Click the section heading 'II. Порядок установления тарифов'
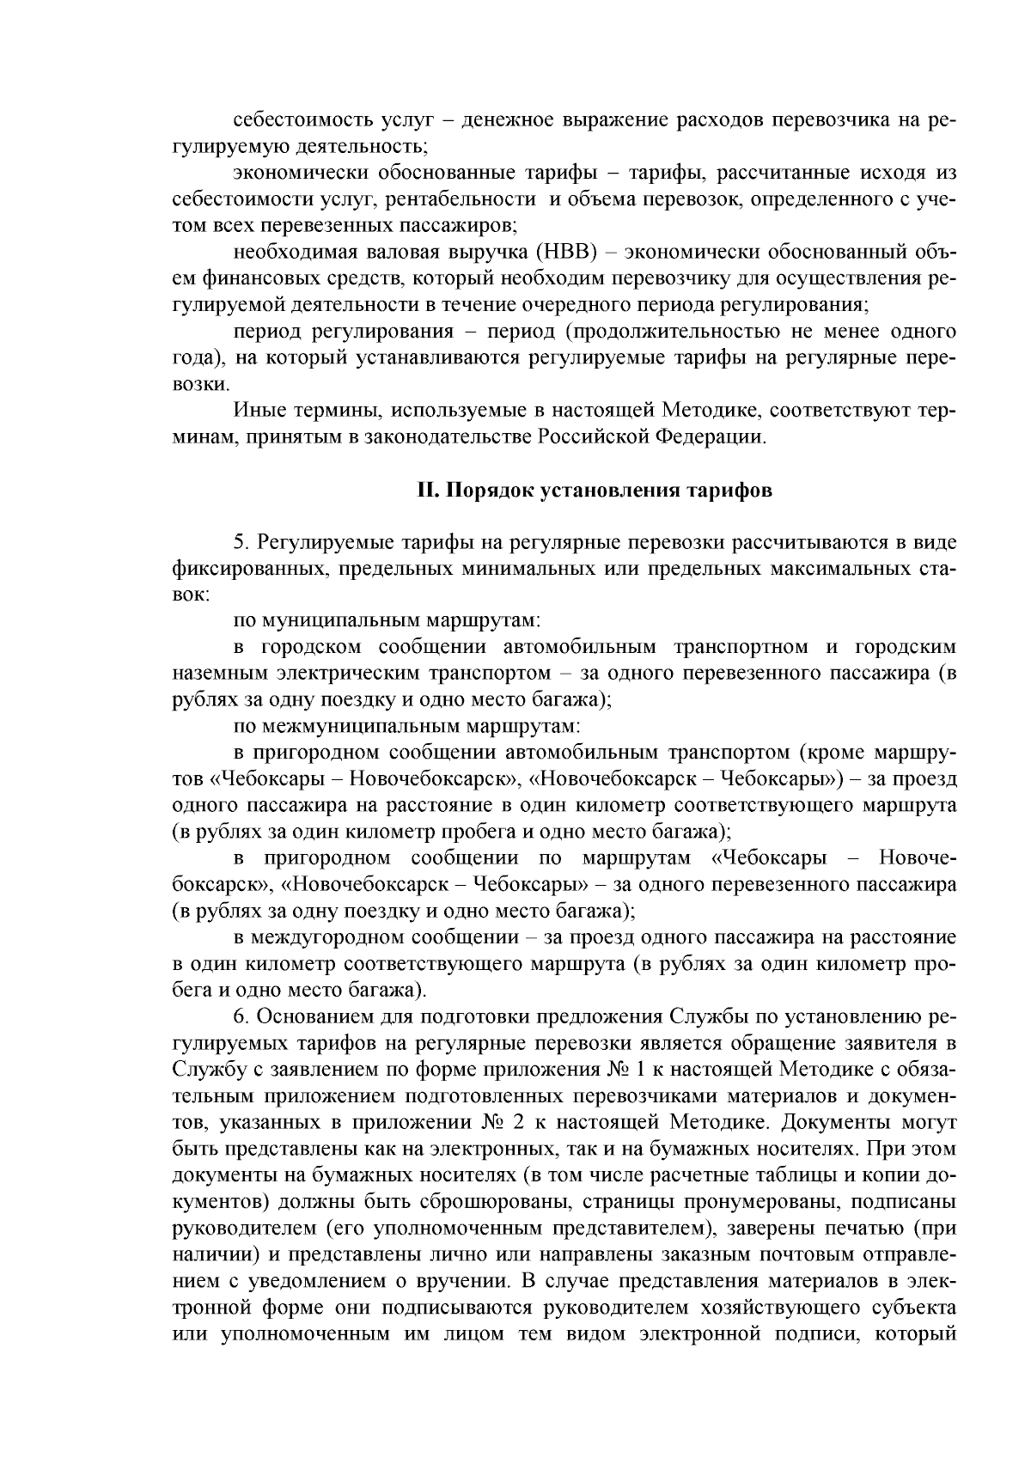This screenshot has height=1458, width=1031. click(594, 491)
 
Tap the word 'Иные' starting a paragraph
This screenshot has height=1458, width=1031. click(258, 411)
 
